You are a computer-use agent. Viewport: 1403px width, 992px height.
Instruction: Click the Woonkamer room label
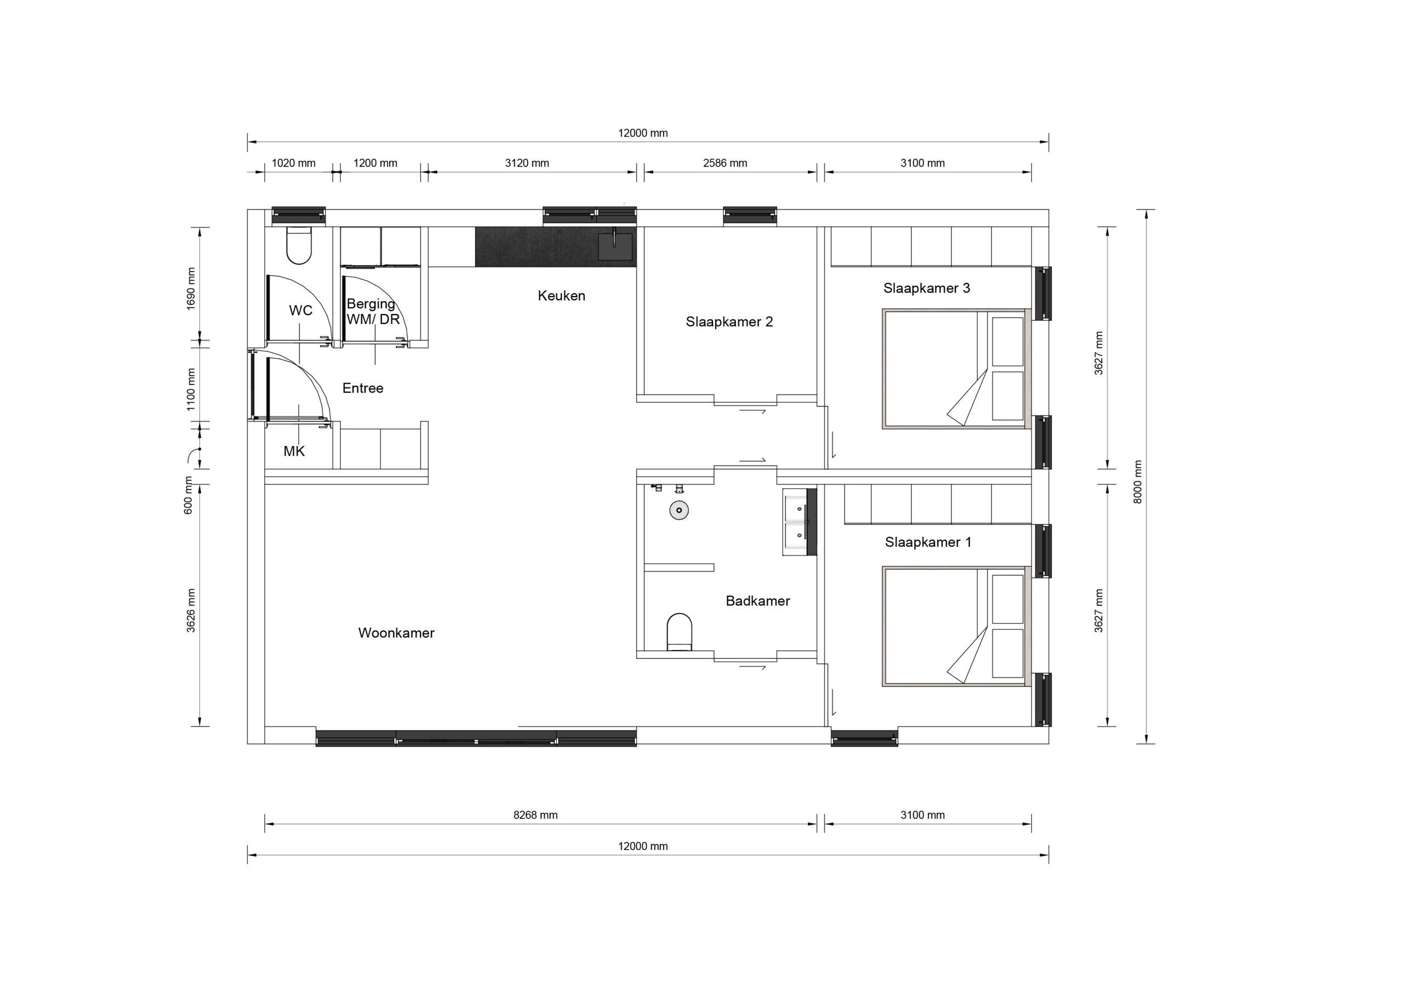click(x=396, y=632)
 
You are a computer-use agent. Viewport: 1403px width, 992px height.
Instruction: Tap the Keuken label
click(x=562, y=296)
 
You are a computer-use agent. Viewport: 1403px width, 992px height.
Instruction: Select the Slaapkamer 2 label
click(x=729, y=322)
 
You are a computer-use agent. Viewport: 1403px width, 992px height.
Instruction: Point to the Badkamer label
click(x=758, y=601)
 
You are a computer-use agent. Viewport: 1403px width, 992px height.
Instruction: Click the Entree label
click(x=363, y=388)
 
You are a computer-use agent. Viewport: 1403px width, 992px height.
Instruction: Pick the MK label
click(x=294, y=451)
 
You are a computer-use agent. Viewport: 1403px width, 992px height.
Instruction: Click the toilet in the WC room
click(x=299, y=246)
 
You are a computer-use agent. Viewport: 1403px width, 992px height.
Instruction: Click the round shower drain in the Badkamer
click(x=679, y=510)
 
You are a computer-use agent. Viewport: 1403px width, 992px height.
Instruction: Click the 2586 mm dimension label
click(x=725, y=163)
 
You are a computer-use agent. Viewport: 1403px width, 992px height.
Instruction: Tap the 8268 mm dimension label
click(x=535, y=815)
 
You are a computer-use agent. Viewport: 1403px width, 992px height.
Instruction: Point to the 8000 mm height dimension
click(x=1138, y=482)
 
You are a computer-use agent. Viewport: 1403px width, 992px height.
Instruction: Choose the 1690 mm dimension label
click(x=191, y=289)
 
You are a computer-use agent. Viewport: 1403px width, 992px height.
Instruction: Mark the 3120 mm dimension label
click(x=527, y=163)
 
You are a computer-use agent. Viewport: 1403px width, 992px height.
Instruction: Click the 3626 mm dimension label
click(x=191, y=611)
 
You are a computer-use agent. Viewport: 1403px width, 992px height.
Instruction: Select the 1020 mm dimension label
click(x=293, y=163)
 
